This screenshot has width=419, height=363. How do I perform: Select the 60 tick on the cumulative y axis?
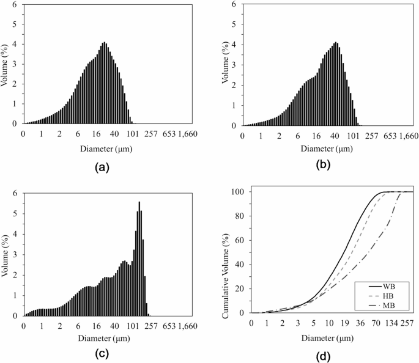pos(240,240)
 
